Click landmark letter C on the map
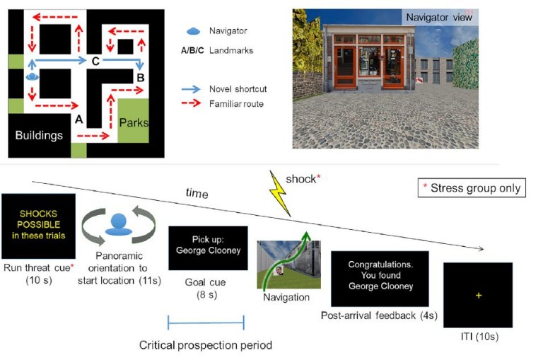(95, 62)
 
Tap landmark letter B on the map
(140, 77)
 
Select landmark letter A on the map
(78, 120)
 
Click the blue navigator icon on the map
(32, 76)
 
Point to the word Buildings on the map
(40, 135)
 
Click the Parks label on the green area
(134, 122)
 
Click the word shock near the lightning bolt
(300, 179)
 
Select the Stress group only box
(471, 188)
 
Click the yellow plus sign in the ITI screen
(478, 295)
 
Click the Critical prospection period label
(205, 345)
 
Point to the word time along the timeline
(197, 192)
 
